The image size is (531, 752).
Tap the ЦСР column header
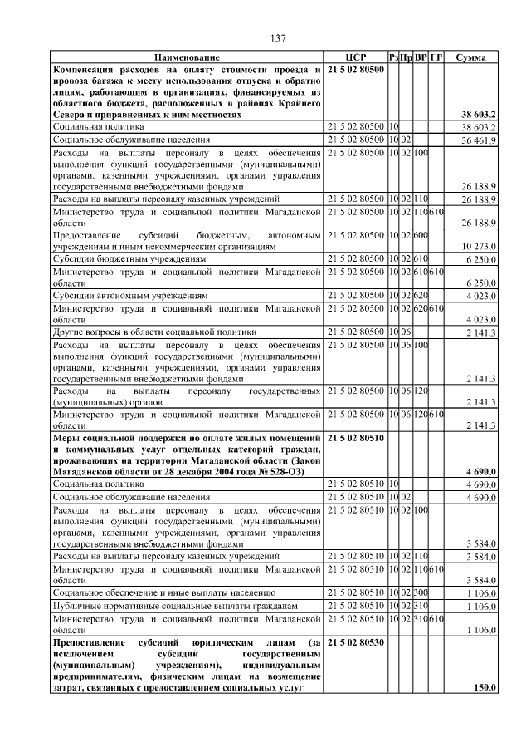354,57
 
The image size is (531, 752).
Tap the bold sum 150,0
484,687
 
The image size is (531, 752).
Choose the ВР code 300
421,592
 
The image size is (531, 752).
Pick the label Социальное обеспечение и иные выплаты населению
163,592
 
